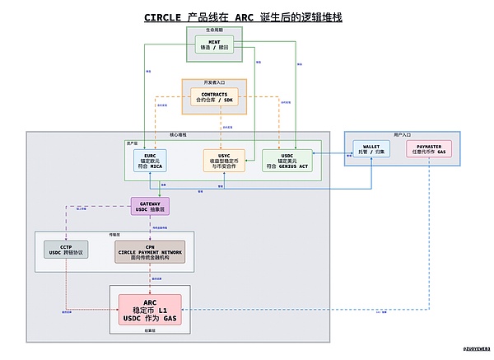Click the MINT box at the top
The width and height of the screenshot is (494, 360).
(x=216, y=45)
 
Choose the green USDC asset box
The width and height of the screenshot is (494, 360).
(x=286, y=160)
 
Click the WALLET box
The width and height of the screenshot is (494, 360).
(x=371, y=149)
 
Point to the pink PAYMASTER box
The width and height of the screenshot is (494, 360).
(x=429, y=149)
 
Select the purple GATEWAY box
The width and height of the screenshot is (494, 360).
(x=150, y=206)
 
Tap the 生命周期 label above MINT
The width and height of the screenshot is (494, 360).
(x=215, y=30)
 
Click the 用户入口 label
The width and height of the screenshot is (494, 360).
(x=400, y=134)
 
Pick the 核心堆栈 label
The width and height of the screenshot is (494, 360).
(x=178, y=134)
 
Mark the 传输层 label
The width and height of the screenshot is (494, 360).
(x=115, y=235)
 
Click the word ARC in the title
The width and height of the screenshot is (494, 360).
(x=245, y=17)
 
